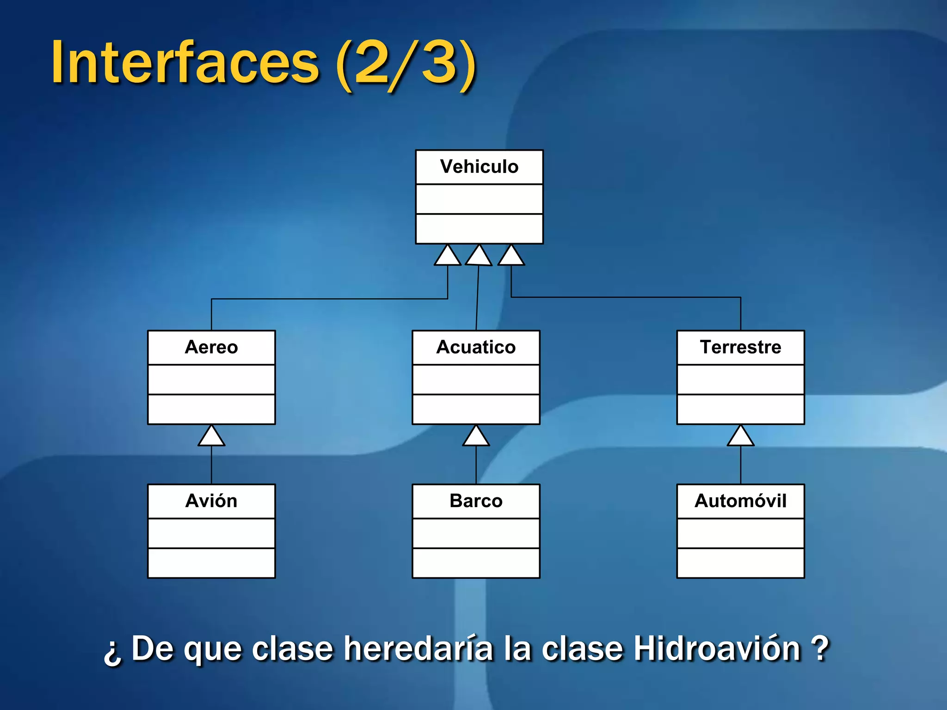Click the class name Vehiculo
point(479,167)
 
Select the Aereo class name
point(211,347)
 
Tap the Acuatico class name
point(476,347)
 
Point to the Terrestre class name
point(740,347)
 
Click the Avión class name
point(211,501)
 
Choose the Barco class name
point(476,501)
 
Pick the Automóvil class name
point(740,501)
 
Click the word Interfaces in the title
point(185,62)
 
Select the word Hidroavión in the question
point(717,649)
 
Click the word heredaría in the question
point(418,649)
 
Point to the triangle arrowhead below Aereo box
point(211,437)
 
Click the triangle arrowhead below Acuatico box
point(476,437)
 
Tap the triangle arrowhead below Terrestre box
point(740,437)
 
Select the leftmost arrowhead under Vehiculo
point(447,257)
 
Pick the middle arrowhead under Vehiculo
point(479,257)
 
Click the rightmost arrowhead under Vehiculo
point(511,257)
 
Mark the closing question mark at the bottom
point(820,649)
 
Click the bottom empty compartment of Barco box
point(476,563)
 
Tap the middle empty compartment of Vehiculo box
point(479,199)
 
